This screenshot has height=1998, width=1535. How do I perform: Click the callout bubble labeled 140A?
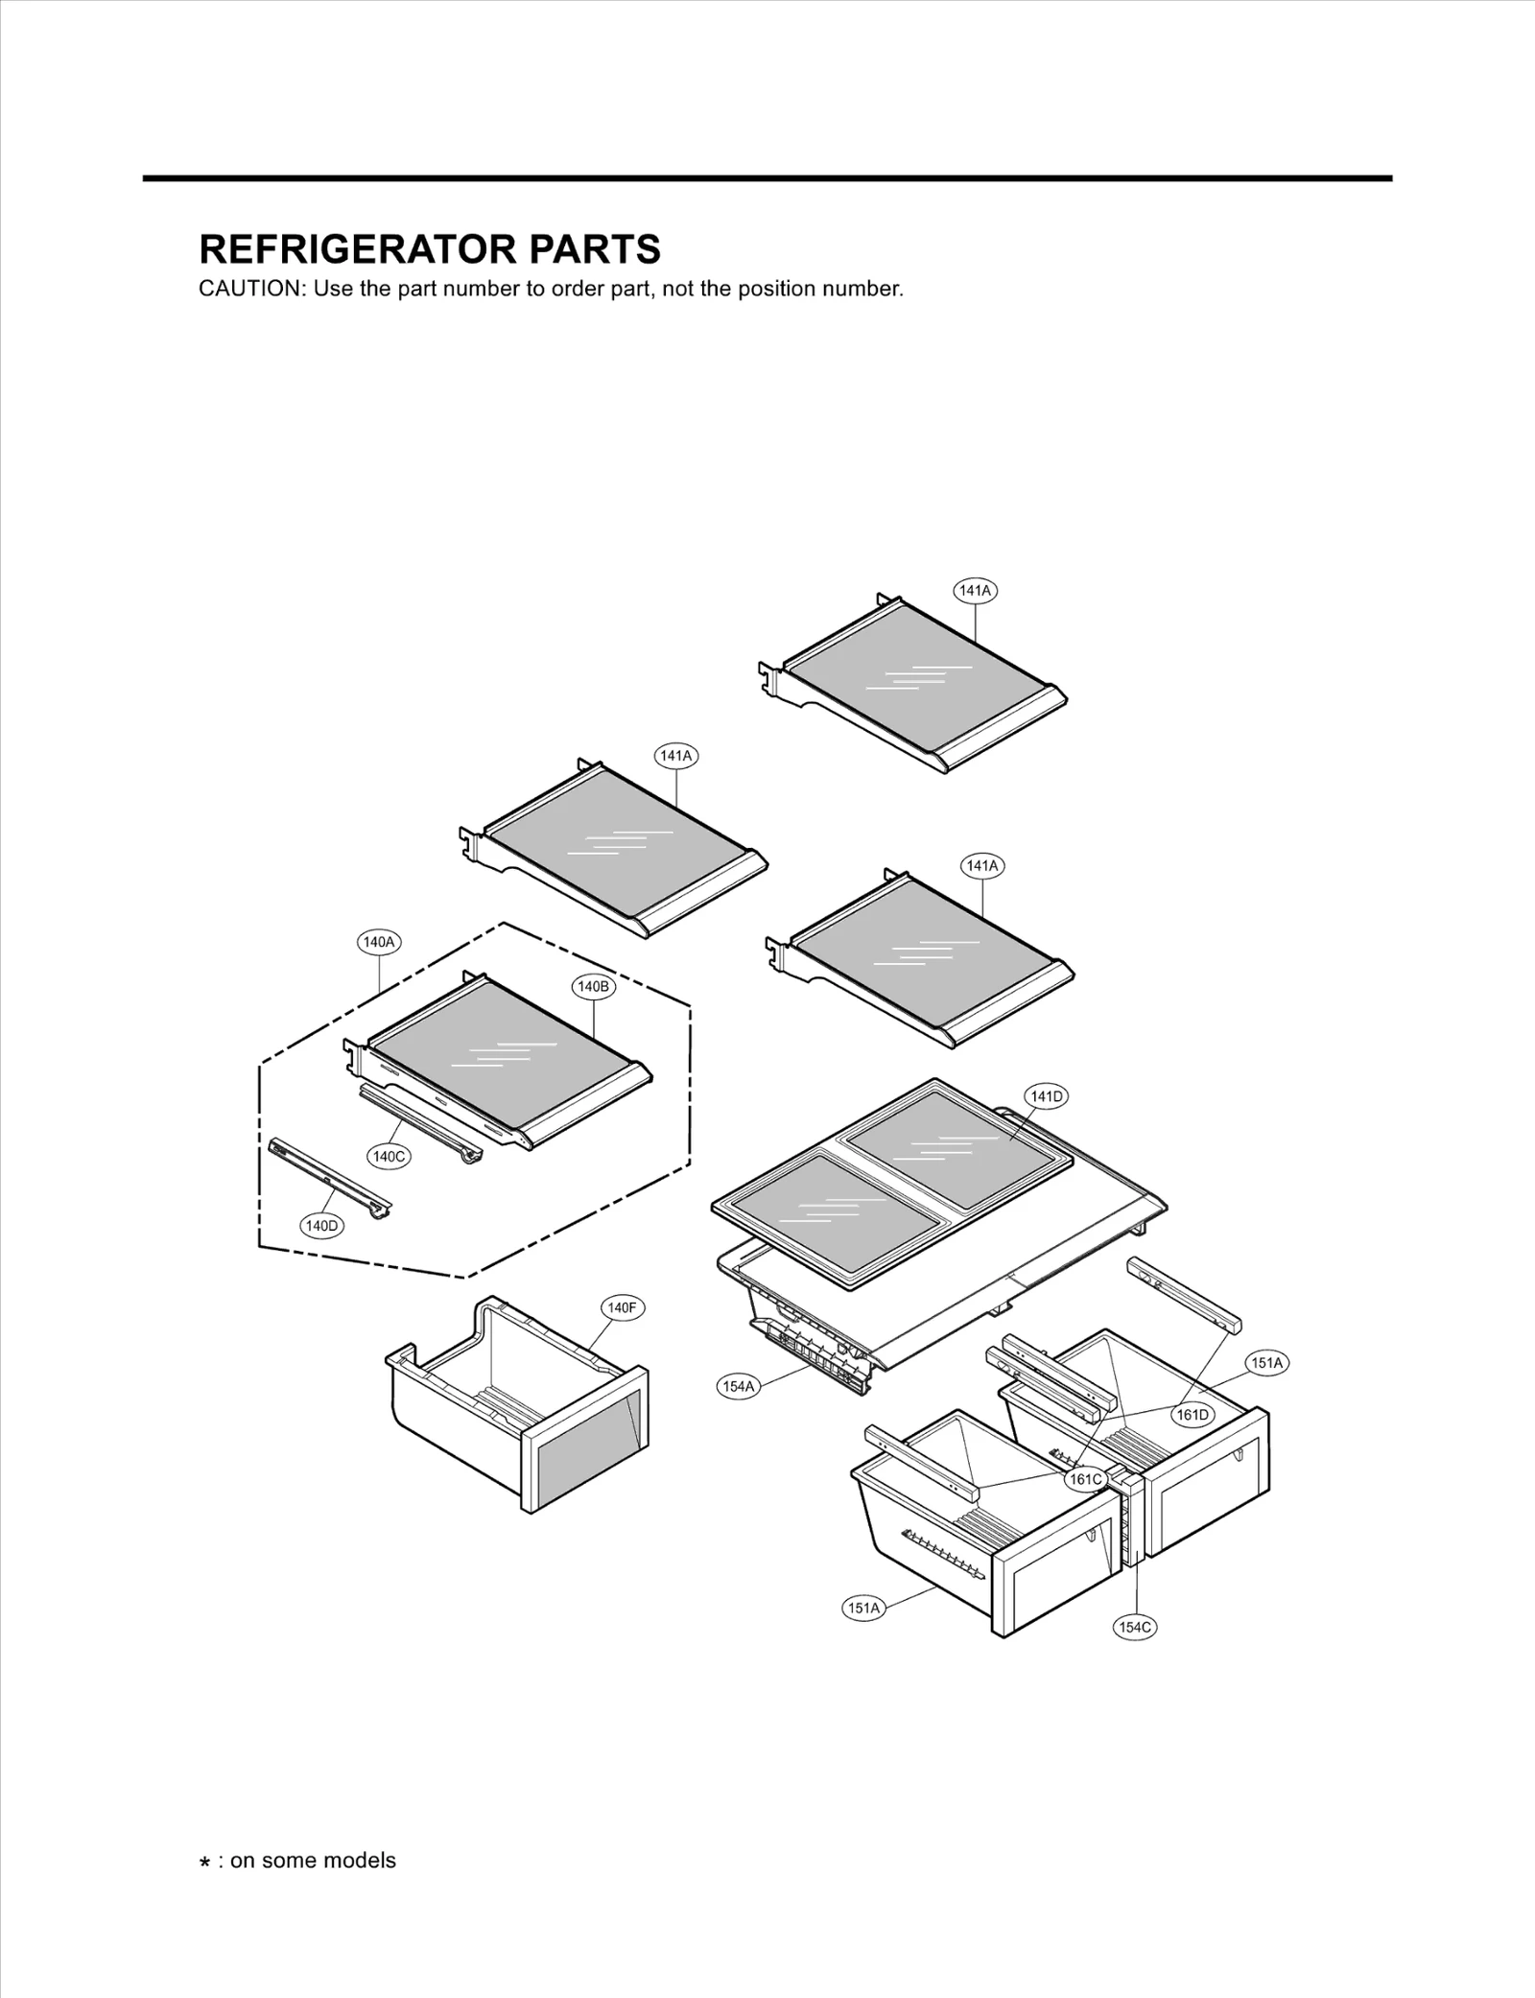379,942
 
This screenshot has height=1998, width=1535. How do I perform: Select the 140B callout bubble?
593,986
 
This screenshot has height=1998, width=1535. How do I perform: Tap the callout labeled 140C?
389,1157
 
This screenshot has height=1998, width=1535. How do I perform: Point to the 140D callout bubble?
322,1226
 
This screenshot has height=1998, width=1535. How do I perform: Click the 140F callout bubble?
622,1307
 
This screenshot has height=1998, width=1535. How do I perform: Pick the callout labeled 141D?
1046,1096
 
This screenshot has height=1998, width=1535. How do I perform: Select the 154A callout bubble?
739,1386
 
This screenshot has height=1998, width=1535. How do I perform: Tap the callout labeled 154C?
1136,1627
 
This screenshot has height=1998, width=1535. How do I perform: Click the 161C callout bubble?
1086,1479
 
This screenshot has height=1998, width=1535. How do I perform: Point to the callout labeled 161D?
1193,1415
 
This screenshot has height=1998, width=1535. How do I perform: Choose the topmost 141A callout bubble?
976,591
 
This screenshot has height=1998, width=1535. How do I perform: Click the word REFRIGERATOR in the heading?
345,249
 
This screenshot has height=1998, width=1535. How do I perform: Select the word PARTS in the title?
581,249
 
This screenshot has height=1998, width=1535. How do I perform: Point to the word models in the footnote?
359,1861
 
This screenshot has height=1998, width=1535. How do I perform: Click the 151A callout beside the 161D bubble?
1266,1362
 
